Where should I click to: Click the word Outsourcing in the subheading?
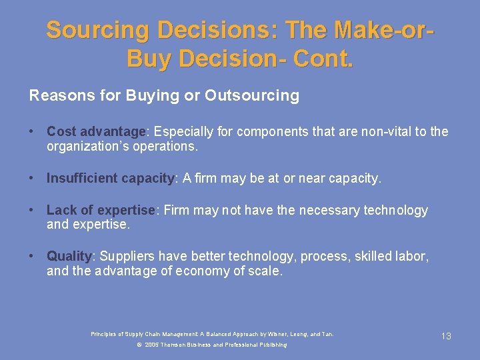[252, 96]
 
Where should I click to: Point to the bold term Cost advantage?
[96, 132]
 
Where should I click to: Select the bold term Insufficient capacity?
[110, 179]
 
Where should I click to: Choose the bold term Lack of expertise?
[101, 211]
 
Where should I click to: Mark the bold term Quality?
[69, 257]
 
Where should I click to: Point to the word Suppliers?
[127, 257]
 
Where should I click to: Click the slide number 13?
[446, 337]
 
